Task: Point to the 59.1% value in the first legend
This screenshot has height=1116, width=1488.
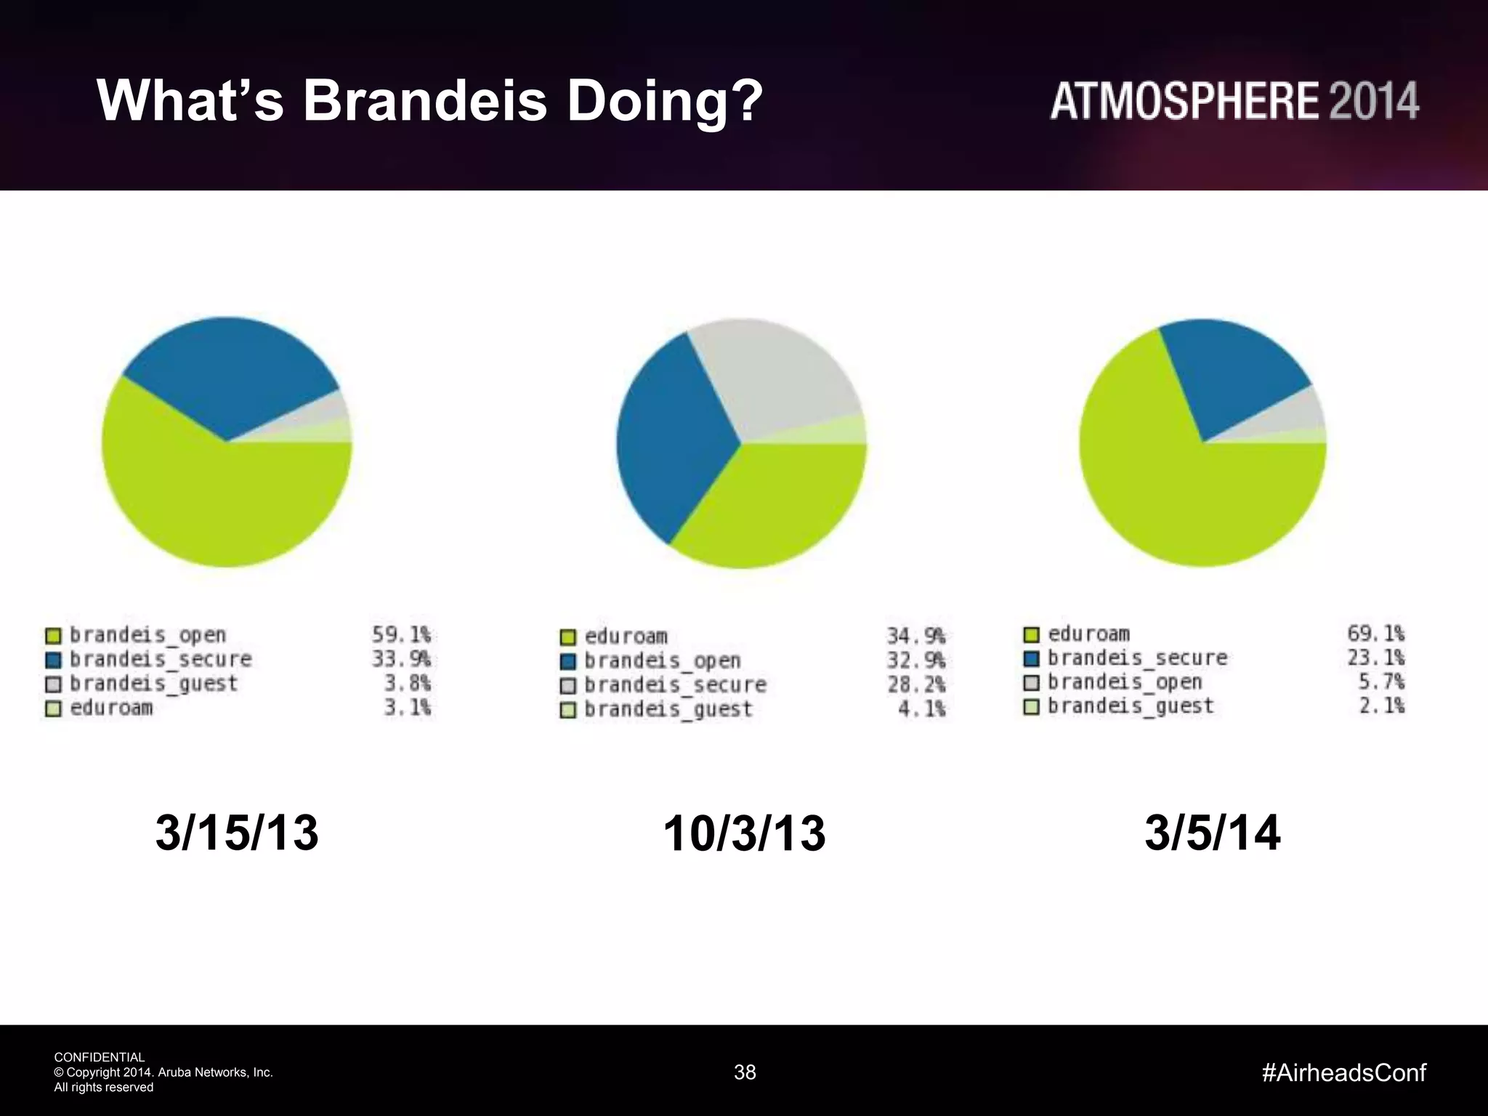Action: point(401,635)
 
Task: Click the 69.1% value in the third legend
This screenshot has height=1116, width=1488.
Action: point(1375,634)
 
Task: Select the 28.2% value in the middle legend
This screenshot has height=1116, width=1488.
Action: point(915,684)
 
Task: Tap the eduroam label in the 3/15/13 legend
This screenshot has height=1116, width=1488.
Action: point(111,708)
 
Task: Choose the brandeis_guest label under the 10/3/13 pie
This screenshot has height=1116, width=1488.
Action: point(668,709)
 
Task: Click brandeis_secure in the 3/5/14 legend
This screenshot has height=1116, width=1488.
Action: point(1137,658)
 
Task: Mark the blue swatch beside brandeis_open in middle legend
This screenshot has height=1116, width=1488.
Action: point(568,661)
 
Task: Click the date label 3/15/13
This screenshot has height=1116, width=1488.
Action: point(237,833)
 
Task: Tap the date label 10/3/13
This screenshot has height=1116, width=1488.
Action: point(744,833)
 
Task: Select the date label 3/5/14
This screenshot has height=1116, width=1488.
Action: point(1212,833)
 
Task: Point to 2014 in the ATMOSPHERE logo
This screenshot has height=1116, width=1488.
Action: point(1374,101)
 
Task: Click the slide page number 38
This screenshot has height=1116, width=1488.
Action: point(745,1072)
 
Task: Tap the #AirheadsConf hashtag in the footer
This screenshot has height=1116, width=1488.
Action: point(1344,1072)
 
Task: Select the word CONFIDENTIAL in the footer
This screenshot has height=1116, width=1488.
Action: point(100,1057)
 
